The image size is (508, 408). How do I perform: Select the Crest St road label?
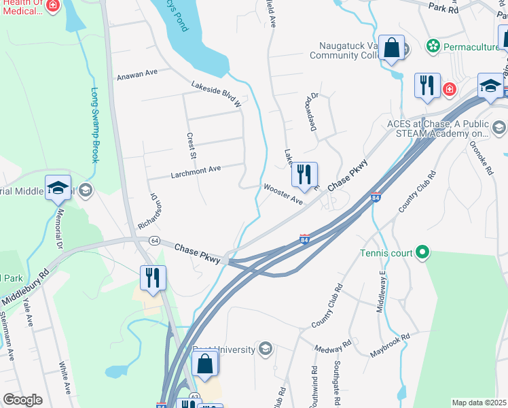click(x=192, y=147)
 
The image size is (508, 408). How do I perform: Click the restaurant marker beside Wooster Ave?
click(x=304, y=175)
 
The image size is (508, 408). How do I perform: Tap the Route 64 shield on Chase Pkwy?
click(x=154, y=241)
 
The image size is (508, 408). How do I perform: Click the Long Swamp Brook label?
click(x=95, y=125)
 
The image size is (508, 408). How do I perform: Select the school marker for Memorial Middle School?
click(x=58, y=187)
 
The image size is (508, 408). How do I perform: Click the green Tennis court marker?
click(x=422, y=254)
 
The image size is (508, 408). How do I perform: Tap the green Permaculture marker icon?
click(x=432, y=46)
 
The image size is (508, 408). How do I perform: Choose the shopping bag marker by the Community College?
click(x=391, y=48)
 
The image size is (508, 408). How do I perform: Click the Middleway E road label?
click(x=382, y=291)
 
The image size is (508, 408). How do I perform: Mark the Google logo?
click(x=22, y=400)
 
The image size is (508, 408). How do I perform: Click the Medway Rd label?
click(x=332, y=349)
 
